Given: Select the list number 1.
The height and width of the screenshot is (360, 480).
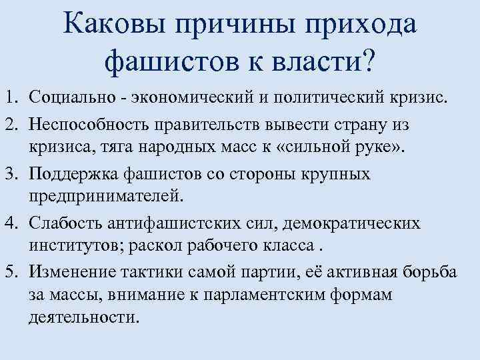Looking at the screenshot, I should point(11,99).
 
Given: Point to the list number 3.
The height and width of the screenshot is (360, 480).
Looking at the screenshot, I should point(12,174).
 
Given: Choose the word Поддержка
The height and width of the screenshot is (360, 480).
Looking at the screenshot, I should point(74,174).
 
